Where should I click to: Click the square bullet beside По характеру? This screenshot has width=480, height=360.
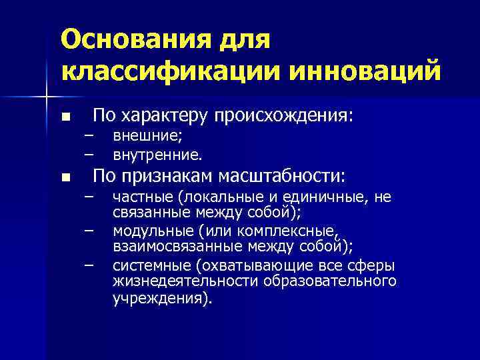65,117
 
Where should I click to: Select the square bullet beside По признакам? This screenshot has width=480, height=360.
65,178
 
